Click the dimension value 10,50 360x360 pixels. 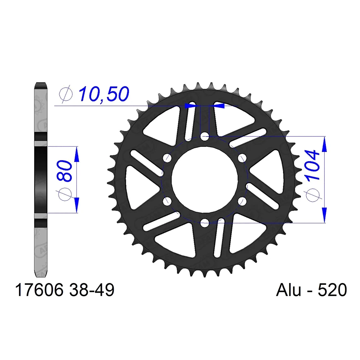coord(103,94)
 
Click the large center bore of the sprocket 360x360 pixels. coord(204,179)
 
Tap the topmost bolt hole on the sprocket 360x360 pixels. coord(204,136)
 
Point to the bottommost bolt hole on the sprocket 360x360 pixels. coord(204,222)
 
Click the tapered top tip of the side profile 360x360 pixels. coord(41,85)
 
